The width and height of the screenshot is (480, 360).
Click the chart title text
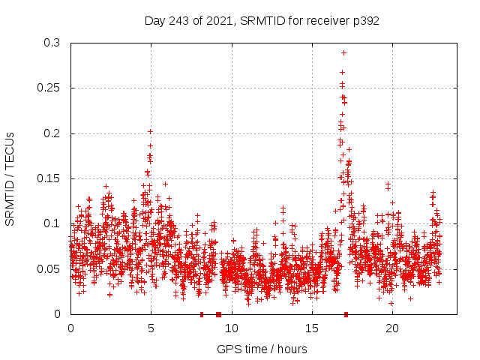262,20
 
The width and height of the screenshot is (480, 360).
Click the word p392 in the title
364,20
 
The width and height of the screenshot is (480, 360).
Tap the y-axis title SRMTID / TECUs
10,178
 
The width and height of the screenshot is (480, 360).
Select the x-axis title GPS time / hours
262,349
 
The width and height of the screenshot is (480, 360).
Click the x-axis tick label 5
151,328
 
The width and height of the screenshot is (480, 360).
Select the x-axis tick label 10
231,328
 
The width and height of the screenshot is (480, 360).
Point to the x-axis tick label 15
311,328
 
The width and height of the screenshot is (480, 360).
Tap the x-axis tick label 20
391,328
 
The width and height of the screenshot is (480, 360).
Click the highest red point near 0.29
343,52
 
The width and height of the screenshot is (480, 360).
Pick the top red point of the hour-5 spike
150,131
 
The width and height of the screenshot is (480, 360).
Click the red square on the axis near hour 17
346,314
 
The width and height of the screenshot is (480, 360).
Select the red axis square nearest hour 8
202,314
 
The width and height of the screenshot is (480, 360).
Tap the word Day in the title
155,20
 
